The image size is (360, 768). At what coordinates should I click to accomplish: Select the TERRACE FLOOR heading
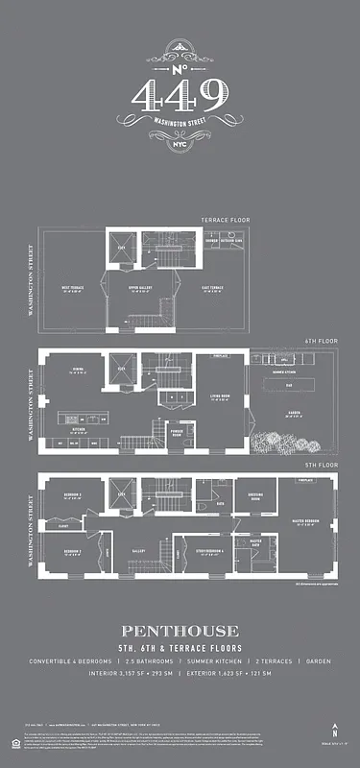pos(225,220)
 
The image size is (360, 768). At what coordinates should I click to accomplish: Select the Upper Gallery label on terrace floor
pos(142,288)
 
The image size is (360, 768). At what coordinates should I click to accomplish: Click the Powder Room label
pos(177,431)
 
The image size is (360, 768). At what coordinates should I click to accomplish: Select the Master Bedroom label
pos(305,523)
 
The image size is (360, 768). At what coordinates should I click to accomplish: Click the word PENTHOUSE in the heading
pos(180,631)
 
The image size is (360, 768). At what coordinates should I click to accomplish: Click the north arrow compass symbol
pos(334,732)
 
